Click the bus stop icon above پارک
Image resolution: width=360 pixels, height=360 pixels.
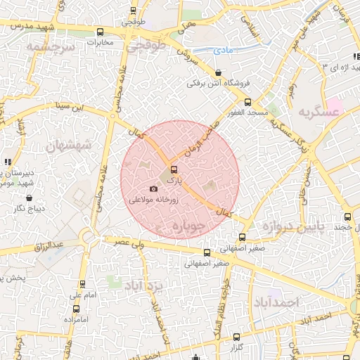[x=174, y=169]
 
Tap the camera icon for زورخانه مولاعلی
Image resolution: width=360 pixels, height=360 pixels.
[x=154, y=188]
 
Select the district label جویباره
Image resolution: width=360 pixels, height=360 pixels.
[x=189, y=227]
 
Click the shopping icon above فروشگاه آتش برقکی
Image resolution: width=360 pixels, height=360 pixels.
[x=218, y=72]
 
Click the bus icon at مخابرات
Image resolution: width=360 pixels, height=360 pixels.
[x=100, y=32]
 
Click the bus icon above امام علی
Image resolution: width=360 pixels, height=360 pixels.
[x=84, y=285]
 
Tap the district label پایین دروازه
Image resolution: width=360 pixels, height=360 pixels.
[x=292, y=226]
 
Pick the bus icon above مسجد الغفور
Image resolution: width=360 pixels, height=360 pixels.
[x=246, y=103]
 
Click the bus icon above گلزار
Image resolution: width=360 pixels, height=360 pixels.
[x=236, y=337]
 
